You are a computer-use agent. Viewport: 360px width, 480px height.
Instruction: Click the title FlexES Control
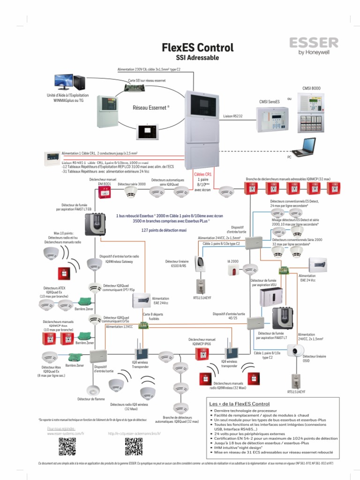coord(197,47)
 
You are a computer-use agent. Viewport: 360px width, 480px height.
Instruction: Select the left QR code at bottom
coord(67,446)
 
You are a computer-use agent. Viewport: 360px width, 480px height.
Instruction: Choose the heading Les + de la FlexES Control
coord(239,404)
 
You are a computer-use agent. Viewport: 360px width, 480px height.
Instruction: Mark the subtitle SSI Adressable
coord(197,58)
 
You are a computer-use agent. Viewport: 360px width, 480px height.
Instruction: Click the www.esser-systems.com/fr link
coord(65,434)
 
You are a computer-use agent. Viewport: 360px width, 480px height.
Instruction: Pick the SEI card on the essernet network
coord(142,87)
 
